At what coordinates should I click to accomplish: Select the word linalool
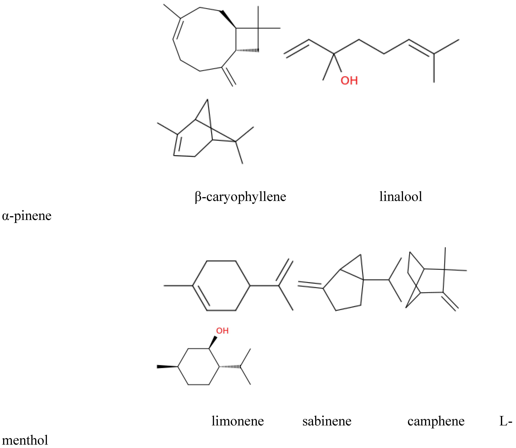(x=401, y=196)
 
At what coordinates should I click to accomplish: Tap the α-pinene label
(x=27, y=215)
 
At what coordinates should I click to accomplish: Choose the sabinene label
(x=327, y=421)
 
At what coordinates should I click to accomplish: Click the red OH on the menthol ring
(x=222, y=331)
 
